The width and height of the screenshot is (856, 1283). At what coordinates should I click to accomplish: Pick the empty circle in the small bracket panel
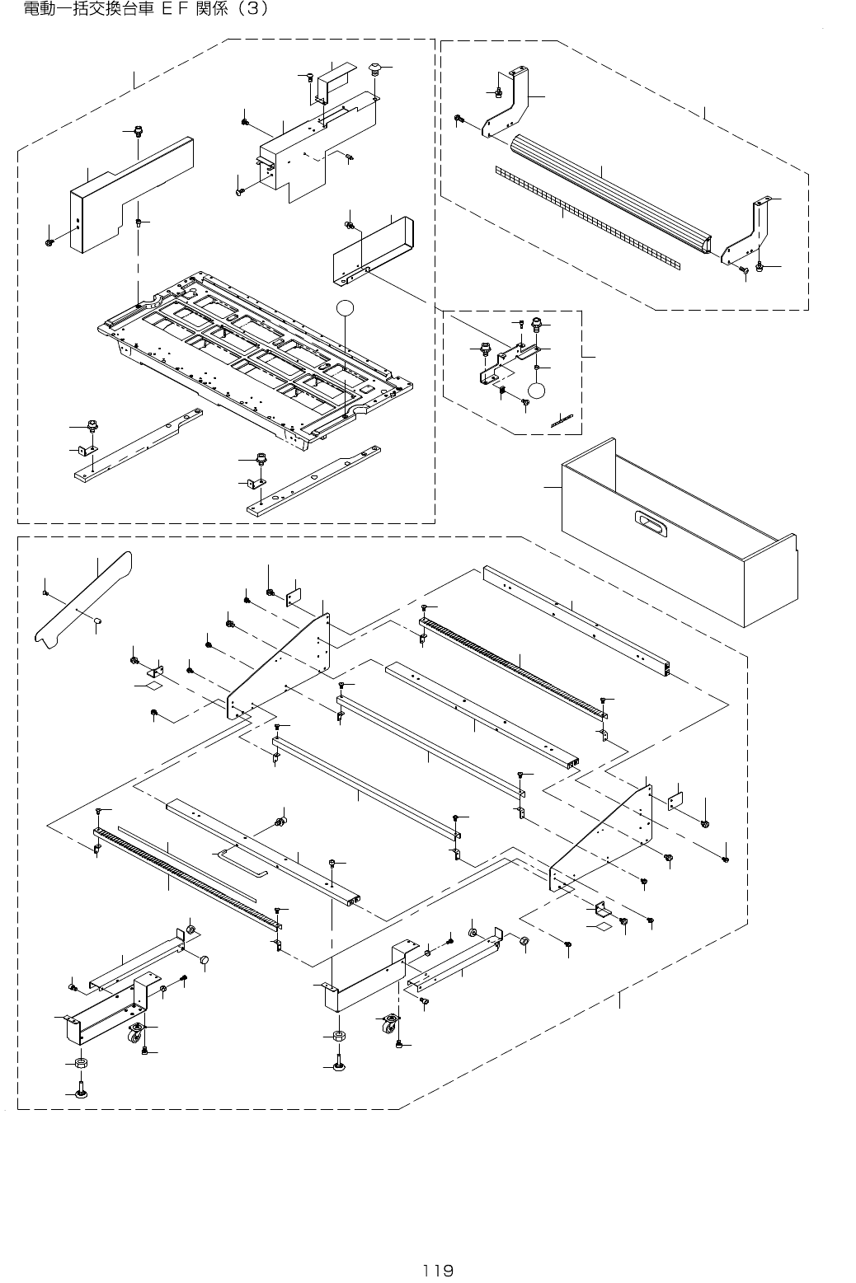click(x=537, y=390)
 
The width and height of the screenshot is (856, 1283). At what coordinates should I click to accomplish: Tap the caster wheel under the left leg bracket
click(x=134, y=1032)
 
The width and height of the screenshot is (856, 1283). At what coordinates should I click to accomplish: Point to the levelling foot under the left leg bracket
click(x=81, y=1093)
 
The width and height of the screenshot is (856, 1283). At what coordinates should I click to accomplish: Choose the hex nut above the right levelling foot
click(x=338, y=1035)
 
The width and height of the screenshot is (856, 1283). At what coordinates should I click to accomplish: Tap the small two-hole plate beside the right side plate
click(x=676, y=800)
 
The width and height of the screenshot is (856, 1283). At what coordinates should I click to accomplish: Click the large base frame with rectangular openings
click(x=256, y=354)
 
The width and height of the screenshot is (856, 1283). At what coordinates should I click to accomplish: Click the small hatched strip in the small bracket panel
click(x=562, y=420)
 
